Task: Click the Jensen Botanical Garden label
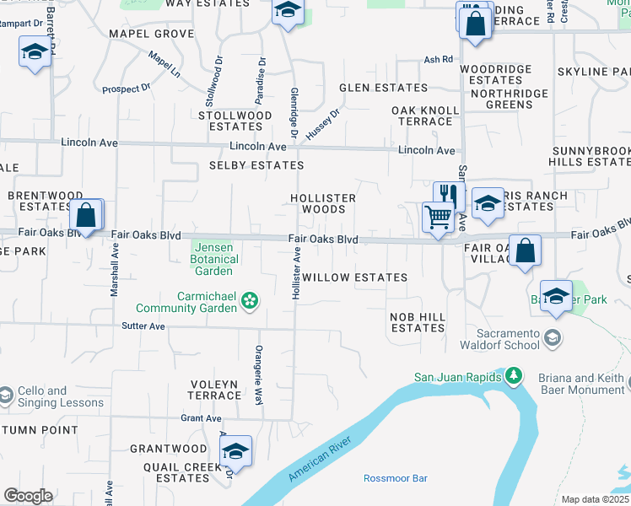click(215, 259)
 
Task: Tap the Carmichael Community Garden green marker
click(250, 299)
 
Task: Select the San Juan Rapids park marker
click(512, 376)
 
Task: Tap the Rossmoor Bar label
click(395, 478)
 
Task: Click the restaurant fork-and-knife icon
click(448, 196)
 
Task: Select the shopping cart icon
click(438, 217)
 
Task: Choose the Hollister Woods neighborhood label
click(323, 203)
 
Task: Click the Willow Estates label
click(354, 277)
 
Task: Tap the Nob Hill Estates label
click(418, 321)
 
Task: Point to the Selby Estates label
click(256, 166)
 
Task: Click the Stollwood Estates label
click(235, 121)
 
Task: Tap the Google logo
click(28, 496)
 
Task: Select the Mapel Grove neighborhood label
click(151, 34)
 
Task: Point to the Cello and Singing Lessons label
click(57, 396)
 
